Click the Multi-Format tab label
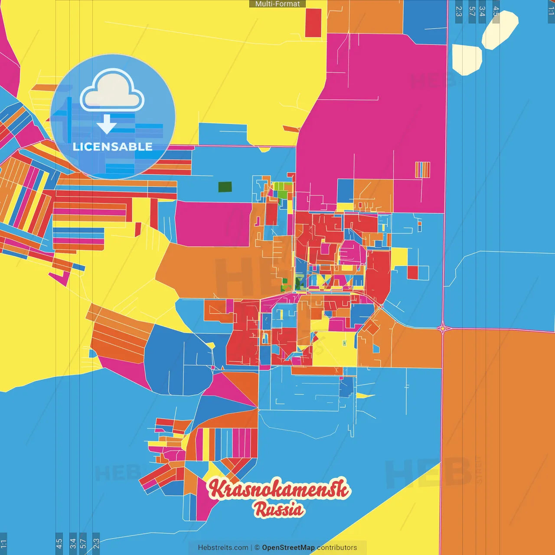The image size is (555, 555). point(277,4)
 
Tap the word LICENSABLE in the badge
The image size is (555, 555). point(112,147)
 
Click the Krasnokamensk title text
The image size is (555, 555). point(278,489)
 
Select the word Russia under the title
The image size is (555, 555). point(279,509)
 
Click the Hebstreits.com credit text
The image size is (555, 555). point(223,548)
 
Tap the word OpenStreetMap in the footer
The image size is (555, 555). point(288,548)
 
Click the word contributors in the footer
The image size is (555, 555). point(337,548)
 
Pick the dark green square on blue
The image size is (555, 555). point(225,187)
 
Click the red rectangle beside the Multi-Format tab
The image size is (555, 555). point(313,23)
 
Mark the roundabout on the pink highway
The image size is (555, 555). point(442,329)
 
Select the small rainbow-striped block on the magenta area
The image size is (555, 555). point(422,170)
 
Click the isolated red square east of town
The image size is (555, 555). point(412,273)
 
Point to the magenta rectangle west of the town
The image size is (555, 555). point(212,224)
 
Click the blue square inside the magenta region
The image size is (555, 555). point(345,191)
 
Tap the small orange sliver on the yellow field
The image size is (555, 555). point(291,129)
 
